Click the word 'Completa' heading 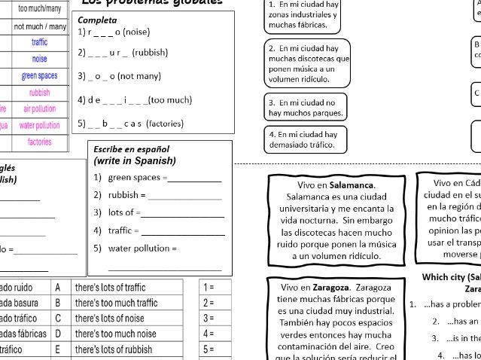pyautogui.click(x=97, y=20)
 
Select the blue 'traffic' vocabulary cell pyautogui.click(x=39, y=43)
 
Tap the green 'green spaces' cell pyautogui.click(x=39, y=76)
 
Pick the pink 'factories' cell pyautogui.click(x=39, y=142)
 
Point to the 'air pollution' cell pyautogui.click(x=39, y=109)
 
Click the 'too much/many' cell pyautogui.click(x=39, y=9)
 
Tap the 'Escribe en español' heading pyautogui.click(x=131, y=149)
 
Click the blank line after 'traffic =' pyautogui.click(x=182, y=233)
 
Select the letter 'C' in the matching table pyautogui.click(x=58, y=318)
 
